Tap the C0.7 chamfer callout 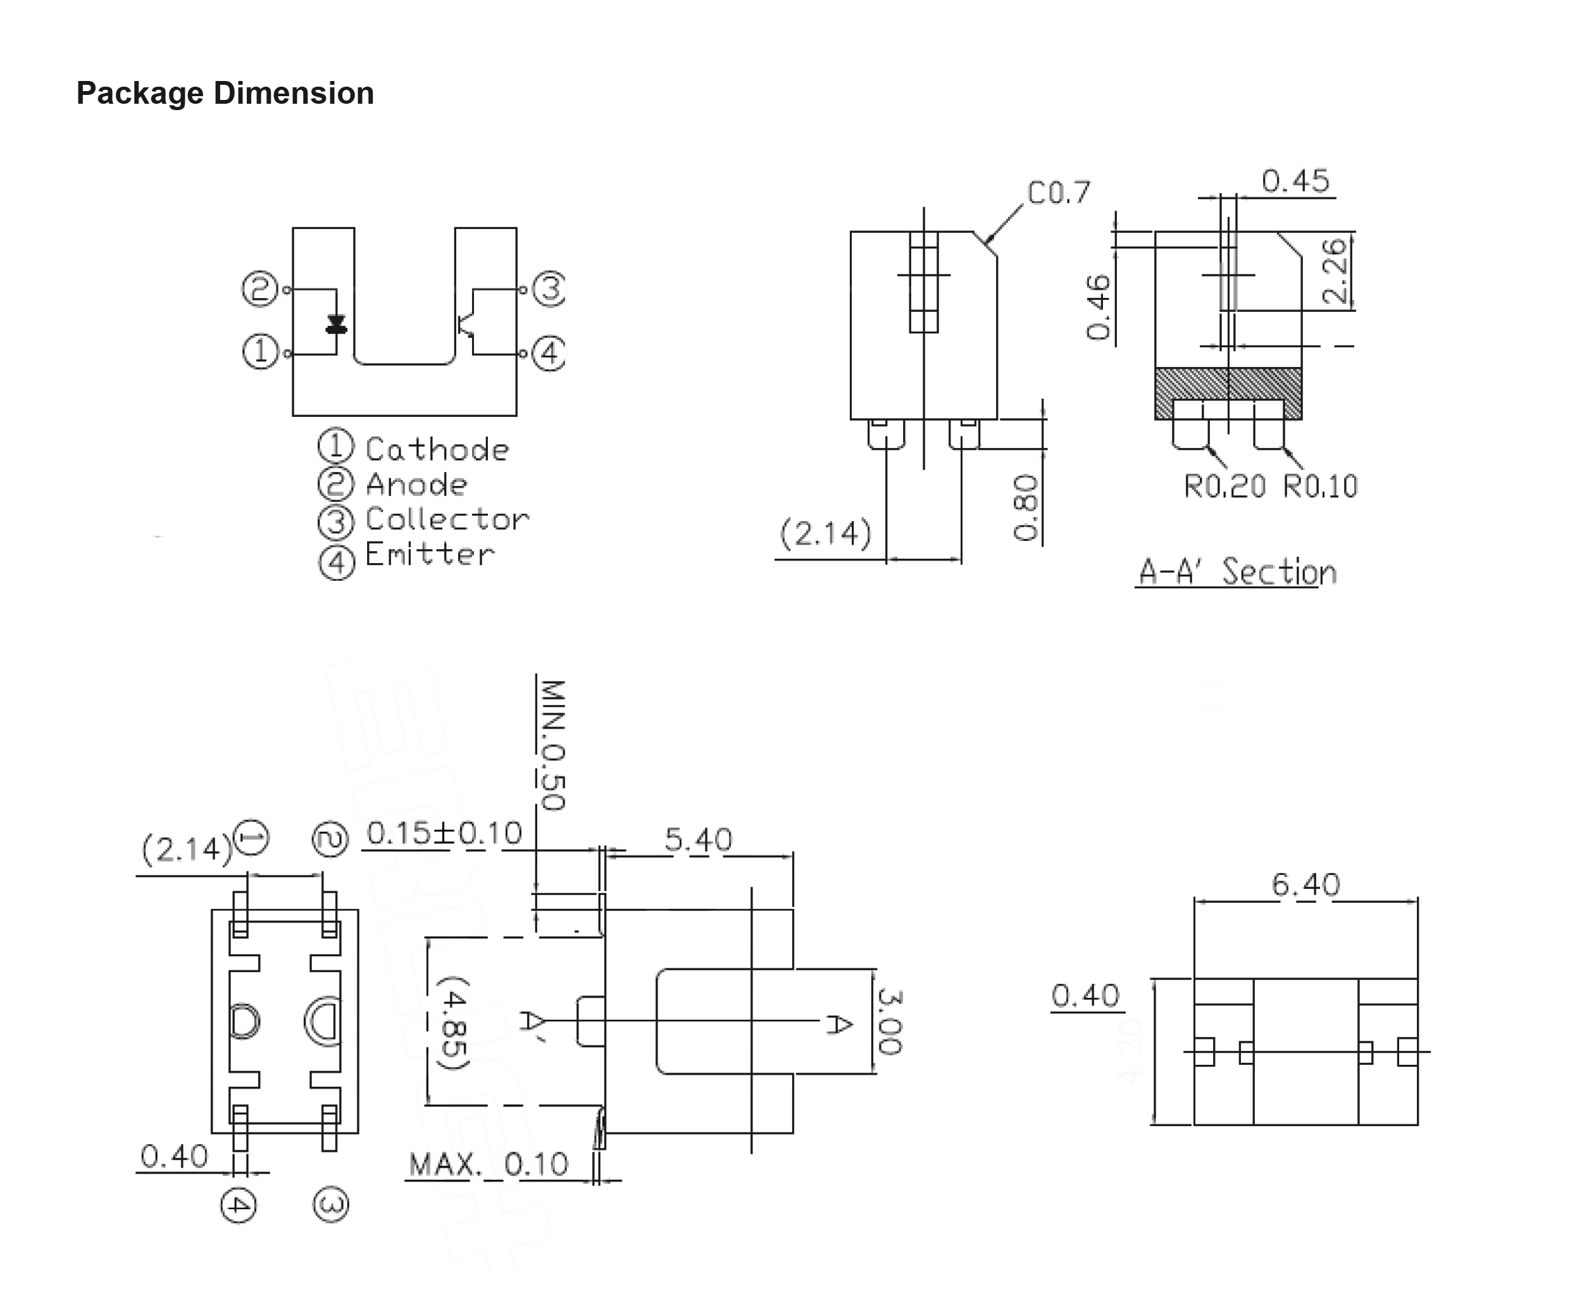(1058, 193)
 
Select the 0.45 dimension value (1295, 181)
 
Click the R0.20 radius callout (1224, 487)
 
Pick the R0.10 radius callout (1319, 487)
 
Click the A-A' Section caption (1237, 573)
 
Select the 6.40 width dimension (1305, 885)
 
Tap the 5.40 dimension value (698, 840)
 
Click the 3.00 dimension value (889, 1021)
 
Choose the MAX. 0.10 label (488, 1164)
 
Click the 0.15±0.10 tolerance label (444, 833)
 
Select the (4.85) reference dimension (453, 1022)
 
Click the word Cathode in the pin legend (437, 450)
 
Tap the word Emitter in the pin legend (429, 554)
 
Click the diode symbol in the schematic (336, 324)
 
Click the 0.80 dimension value (1026, 507)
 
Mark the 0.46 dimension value (1098, 307)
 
